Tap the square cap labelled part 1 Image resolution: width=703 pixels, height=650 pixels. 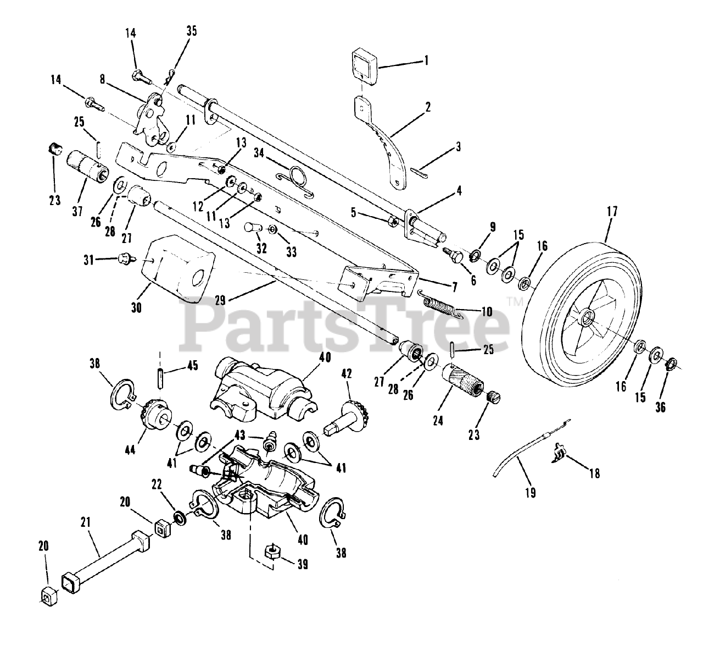click(x=362, y=64)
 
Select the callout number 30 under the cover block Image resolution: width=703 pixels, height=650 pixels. click(x=137, y=308)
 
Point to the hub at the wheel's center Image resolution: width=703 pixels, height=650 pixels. click(x=587, y=317)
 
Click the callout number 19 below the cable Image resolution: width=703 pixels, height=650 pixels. click(x=531, y=492)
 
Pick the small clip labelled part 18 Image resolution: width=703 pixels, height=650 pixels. click(x=559, y=454)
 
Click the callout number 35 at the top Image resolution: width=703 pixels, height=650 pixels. click(x=191, y=31)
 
